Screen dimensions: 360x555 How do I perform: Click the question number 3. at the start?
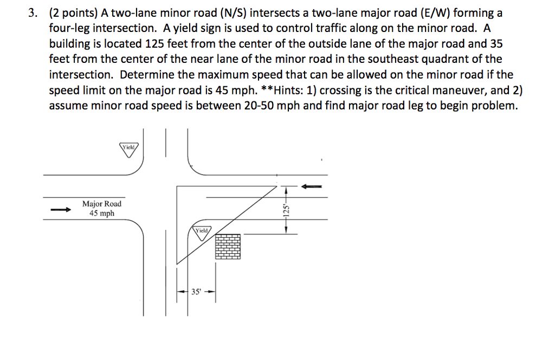(x=34, y=14)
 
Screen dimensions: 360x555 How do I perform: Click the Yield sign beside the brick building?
(x=202, y=233)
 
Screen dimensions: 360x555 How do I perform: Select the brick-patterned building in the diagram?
(x=228, y=247)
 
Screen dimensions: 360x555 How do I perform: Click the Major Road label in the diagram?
(x=102, y=204)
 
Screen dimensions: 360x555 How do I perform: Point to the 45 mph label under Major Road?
(x=102, y=213)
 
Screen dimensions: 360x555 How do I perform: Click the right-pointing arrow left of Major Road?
(x=61, y=210)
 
